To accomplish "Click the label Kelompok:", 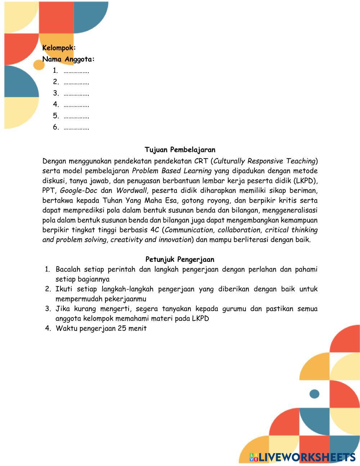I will tap(59, 48).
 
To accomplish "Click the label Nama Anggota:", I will tap(68, 59).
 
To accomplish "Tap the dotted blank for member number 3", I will tap(76, 94).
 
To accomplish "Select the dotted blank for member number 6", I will tap(76, 127).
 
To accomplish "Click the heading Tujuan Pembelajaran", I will tap(180, 150).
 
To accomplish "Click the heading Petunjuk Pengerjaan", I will tap(180, 259).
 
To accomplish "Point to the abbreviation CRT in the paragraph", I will tap(201, 161).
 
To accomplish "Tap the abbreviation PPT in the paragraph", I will tap(49, 191).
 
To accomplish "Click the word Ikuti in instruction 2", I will tap(64, 289).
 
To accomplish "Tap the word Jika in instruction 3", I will tap(63, 309).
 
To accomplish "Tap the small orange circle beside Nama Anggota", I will tap(39, 65).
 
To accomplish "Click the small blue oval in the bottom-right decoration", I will tap(314, 394).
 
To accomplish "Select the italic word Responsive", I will tap(265, 161).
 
